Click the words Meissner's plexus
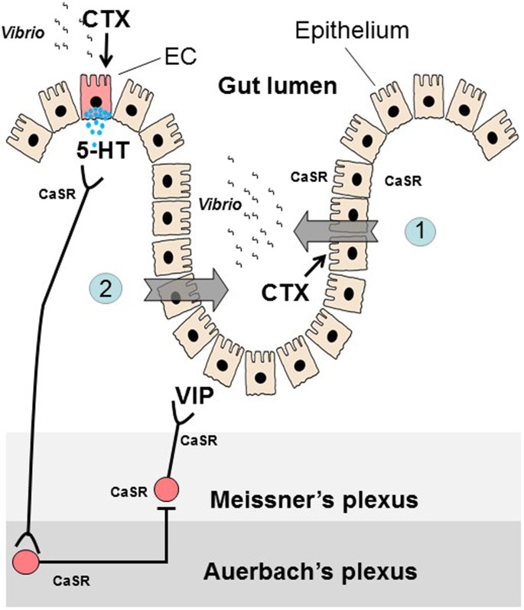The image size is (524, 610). (313, 501)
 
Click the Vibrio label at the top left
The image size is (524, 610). (22, 33)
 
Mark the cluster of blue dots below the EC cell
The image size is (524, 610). (95, 119)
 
